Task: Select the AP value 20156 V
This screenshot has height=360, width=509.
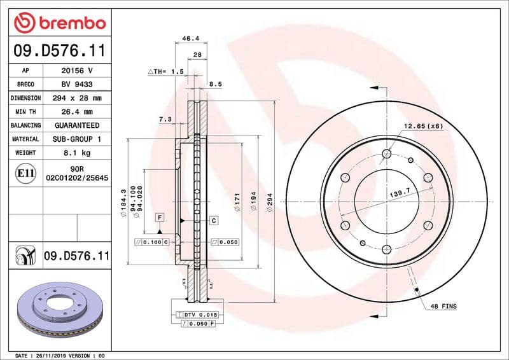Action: pos(77,71)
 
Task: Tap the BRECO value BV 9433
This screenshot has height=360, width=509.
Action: pos(77,84)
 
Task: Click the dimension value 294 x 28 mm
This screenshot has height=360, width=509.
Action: pos(77,98)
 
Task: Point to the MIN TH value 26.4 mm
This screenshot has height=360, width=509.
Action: pos(77,112)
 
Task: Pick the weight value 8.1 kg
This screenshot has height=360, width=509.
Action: pos(77,153)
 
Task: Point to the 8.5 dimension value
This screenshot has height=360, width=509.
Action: pos(215,84)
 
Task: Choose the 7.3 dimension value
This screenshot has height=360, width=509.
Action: pos(165,119)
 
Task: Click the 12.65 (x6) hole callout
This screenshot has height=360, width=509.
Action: pos(422,126)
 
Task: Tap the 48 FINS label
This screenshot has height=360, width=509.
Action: pos(443,307)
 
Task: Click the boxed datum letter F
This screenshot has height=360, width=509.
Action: pos(158,218)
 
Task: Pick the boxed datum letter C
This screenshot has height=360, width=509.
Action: pos(214,220)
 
